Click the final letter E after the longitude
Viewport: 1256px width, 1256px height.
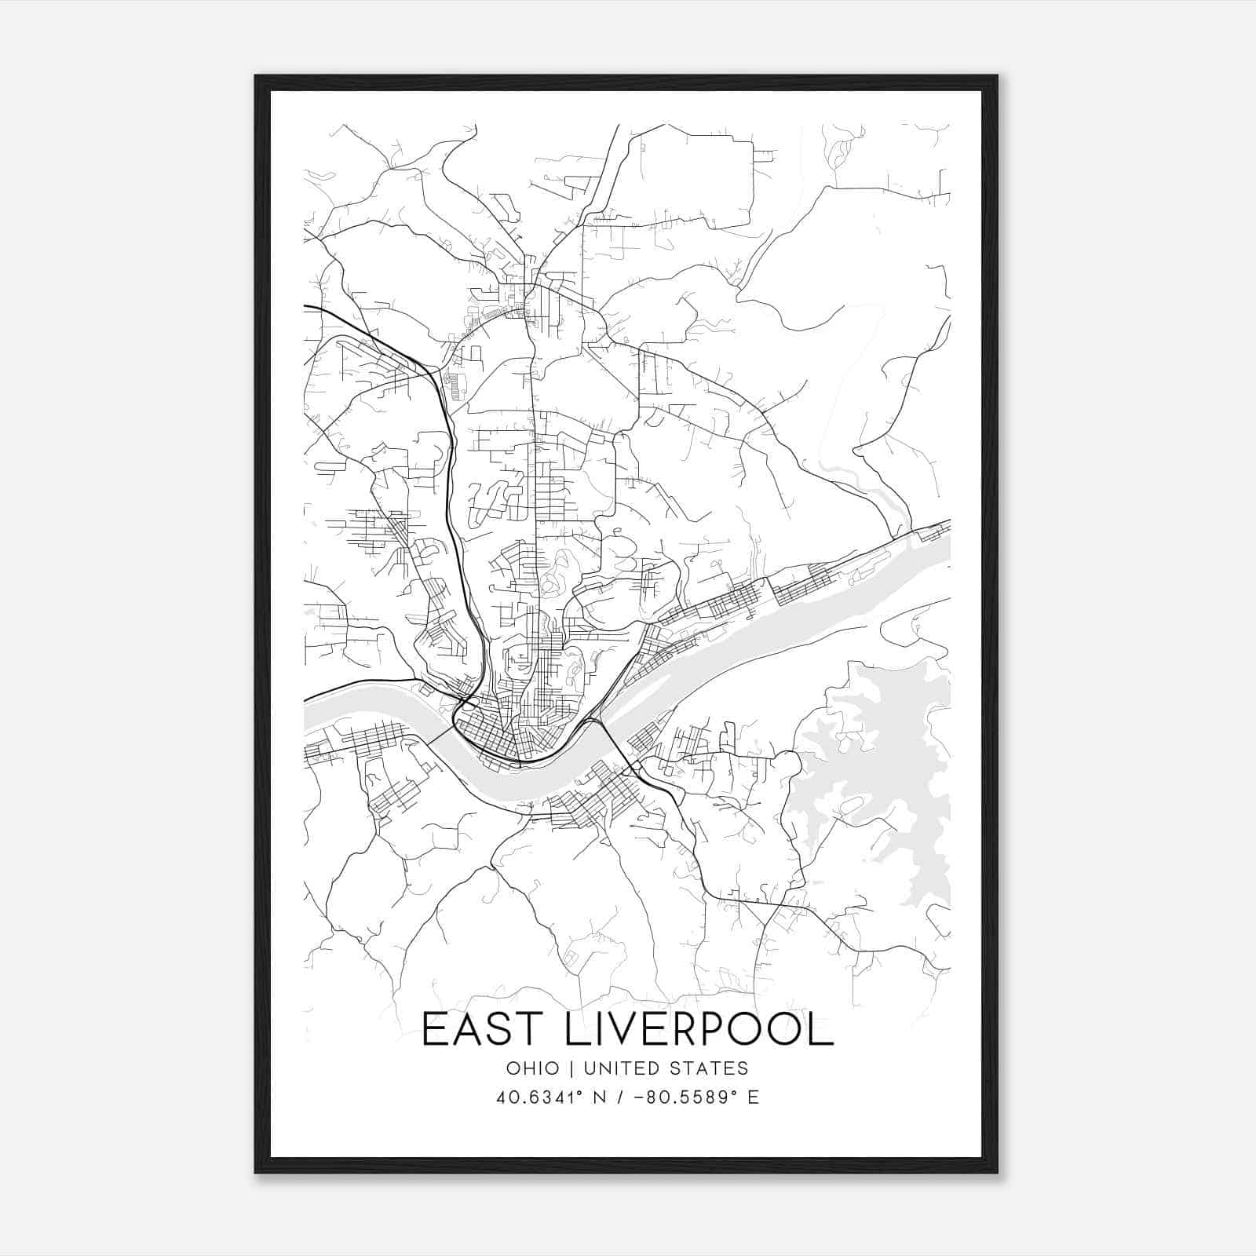point(754,1097)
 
